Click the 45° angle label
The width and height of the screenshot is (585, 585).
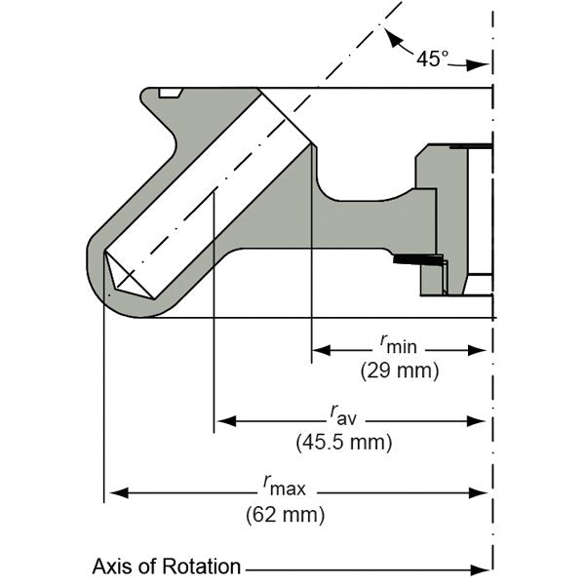[433, 58]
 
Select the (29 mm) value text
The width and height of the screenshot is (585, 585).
[400, 370]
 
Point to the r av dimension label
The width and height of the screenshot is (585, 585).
[343, 416]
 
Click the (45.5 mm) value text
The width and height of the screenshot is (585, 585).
[343, 442]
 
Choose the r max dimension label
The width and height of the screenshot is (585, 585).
[281, 485]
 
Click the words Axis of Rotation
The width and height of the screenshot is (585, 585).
[166, 566]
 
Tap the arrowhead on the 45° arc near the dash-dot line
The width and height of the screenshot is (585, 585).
[391, 39]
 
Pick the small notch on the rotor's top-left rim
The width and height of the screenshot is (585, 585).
[171, 93]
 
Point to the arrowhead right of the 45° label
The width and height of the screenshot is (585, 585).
[480, 65]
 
